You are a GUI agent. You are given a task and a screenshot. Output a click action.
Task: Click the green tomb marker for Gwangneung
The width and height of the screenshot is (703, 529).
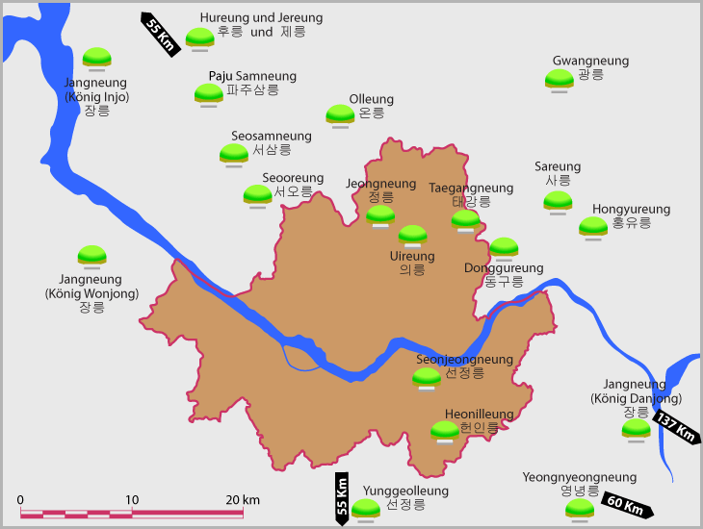560,78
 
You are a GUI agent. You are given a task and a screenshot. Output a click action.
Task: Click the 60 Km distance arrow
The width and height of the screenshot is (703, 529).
627,503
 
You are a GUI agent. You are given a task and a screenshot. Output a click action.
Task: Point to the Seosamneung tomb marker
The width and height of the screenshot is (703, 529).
234,153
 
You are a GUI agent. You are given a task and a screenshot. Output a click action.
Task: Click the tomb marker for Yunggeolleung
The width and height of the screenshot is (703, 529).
366,508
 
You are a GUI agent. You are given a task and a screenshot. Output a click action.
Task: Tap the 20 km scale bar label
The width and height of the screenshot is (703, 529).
244,500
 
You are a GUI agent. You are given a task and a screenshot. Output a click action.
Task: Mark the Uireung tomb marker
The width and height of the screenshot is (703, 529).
412,234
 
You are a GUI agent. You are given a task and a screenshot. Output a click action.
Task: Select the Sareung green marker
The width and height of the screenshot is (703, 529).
558,200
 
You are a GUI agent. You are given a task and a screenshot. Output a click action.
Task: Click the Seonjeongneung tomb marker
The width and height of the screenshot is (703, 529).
427,377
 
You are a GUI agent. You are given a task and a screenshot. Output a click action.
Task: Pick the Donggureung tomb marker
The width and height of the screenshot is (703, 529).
504,247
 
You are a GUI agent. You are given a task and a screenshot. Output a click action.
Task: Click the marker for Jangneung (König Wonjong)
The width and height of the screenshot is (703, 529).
92,255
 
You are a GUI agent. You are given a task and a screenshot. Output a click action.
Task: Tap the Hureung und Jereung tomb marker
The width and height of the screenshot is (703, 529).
199,38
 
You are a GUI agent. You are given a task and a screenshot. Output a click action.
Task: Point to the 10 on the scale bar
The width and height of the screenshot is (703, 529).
132,500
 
